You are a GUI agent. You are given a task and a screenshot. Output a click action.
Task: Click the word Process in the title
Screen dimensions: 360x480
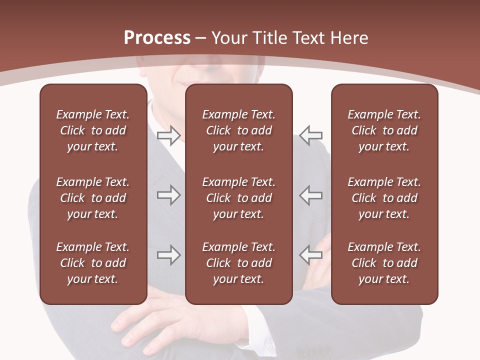[x=157, y=38]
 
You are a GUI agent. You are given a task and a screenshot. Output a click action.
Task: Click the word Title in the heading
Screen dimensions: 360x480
[x=271, y=38]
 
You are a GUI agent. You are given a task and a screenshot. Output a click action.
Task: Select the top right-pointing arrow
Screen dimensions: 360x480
[x=168, y=135]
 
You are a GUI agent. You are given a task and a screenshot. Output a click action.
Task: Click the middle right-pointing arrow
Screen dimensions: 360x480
[x=168, y=195]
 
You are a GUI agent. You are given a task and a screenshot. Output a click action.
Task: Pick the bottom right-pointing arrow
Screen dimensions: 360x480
[x=168, y=255]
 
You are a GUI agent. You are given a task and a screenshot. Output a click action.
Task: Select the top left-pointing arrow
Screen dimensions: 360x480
[x=311, y=135]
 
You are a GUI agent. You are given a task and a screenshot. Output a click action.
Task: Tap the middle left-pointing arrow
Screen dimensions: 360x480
[x=311, y=195]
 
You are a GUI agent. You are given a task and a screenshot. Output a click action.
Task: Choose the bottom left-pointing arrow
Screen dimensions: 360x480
[x=311, y=255]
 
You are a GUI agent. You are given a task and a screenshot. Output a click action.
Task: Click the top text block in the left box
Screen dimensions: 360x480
[x=93, y=130]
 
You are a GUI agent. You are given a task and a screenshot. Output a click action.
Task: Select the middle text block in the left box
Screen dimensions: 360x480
[x=93, y=198]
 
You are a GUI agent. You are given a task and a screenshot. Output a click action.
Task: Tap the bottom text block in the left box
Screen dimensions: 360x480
[x=93, y=263]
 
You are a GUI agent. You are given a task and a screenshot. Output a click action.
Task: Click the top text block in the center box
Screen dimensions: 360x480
[x=239, y=130]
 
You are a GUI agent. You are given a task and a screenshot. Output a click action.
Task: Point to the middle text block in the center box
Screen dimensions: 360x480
[x=239, y=198]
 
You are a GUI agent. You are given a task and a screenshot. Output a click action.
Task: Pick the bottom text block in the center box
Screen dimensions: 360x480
[x=239, y=263]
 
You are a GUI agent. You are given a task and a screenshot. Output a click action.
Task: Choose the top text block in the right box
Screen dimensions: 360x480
[x=384, y=130]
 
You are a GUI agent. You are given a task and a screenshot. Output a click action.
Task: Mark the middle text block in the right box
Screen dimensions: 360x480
[x=384, y=198]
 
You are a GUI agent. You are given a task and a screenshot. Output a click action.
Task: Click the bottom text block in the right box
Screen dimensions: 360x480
[x=384, y=263]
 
